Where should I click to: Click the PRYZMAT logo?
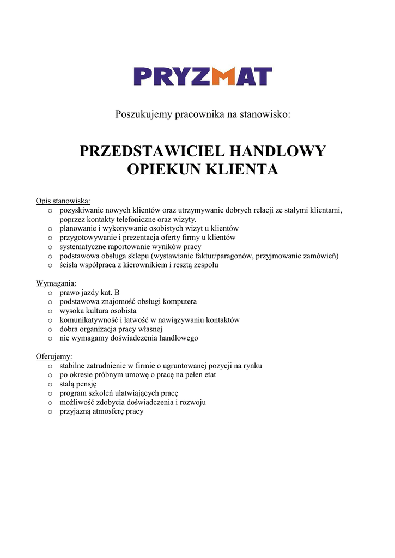203,76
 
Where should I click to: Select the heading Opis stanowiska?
63,201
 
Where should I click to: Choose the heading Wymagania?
56,283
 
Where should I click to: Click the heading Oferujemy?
54,356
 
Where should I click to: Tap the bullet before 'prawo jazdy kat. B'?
50,293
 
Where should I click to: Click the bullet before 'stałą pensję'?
50,384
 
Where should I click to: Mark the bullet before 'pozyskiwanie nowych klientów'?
50,210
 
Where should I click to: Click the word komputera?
179,301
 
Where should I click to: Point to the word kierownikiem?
149,265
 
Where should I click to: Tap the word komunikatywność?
87,320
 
